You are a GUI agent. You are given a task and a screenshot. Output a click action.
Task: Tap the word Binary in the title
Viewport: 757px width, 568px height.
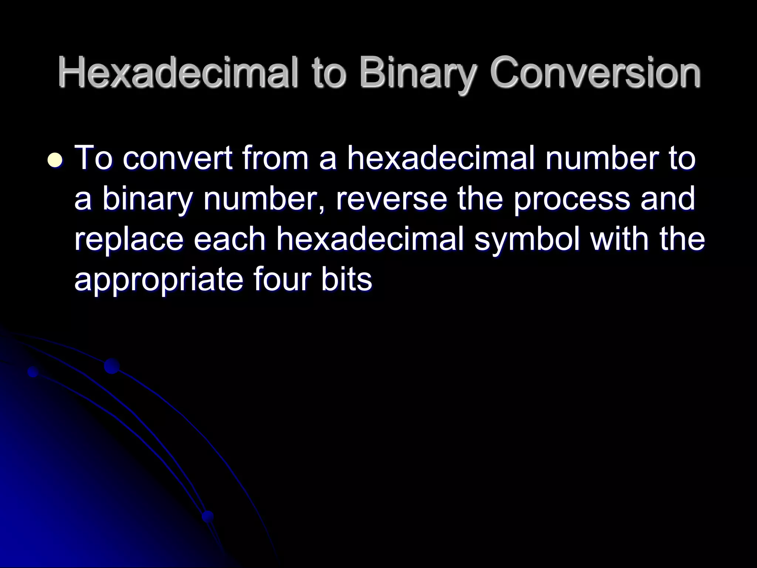[x=416, y=74]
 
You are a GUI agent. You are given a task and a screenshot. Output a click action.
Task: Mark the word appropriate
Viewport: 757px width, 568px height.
[x=158, y=280]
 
